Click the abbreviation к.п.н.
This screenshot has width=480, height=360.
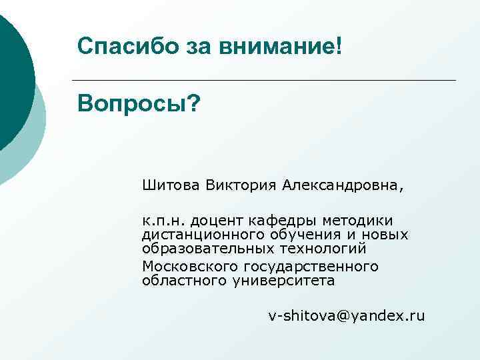click(x=161, y=220)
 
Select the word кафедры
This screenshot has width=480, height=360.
click(x=283, y=221)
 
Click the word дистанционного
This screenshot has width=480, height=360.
click(x=204, y=235)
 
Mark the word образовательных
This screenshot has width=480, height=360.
click(x=207, y=249)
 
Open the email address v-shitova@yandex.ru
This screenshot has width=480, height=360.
click(x=346, y=316)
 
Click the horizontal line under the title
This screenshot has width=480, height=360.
click(x=267, y=80)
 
